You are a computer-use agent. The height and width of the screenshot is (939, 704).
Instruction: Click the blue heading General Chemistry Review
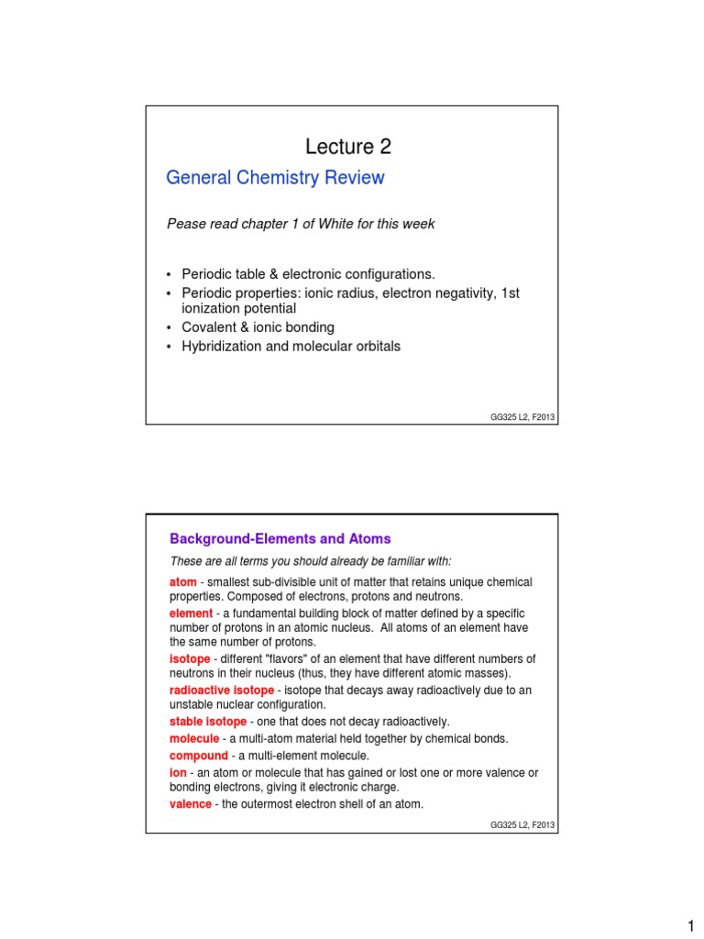(x=275, y=178)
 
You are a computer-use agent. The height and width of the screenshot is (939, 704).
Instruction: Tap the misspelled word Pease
(x=185, y=224)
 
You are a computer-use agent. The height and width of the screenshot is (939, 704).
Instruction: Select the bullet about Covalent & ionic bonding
(x=258, y=327)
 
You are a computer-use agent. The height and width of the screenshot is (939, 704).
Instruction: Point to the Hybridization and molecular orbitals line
(x=291, y=347)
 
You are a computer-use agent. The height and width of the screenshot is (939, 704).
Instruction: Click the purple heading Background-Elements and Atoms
(x=280, y=538)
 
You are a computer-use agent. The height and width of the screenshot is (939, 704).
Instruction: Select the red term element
(x=192, y=613)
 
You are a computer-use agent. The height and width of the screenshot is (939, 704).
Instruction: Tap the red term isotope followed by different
(x=190, y=659)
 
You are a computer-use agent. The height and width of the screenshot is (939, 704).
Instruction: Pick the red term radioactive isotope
(x=222, y=690)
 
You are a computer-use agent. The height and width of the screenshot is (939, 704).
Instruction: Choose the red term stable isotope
(x=208, y=722)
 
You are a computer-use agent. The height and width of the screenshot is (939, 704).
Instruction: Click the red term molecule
(x=194, y=738)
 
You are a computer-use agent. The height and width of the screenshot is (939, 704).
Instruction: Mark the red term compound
(x=199, y=756)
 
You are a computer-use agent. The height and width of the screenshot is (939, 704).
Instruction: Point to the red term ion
(x=178, y=772)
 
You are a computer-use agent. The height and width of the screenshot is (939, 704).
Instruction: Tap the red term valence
(x=192, y=804)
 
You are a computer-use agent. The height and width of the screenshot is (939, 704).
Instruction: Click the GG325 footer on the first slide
(x=522, y=417)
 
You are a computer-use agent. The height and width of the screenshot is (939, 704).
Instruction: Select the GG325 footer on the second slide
(x=522, y=825)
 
